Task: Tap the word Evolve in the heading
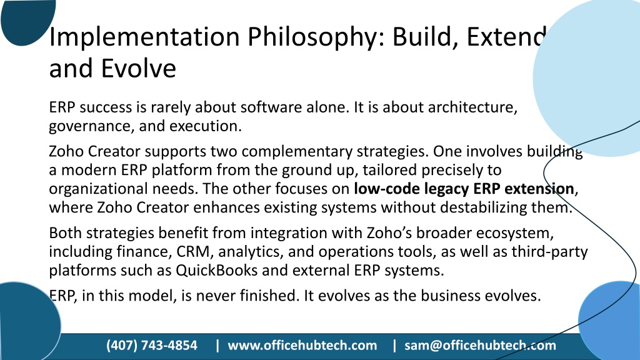(138, 68)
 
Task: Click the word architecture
(472, 107)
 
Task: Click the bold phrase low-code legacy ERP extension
(464, 189)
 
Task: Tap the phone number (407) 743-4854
(152, 346)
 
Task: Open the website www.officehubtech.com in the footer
(302, 346)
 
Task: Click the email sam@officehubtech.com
(480, 346)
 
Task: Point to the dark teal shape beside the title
(27, 21)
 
